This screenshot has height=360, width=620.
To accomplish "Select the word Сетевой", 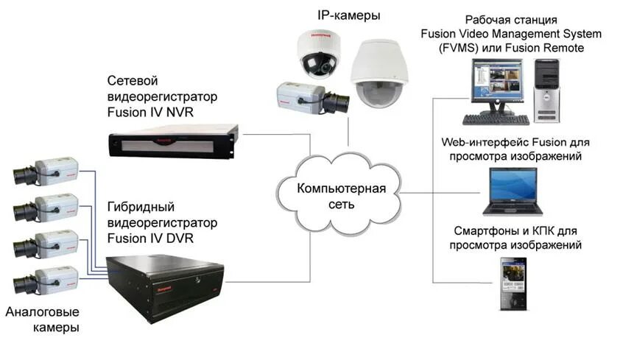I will [133, 80].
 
